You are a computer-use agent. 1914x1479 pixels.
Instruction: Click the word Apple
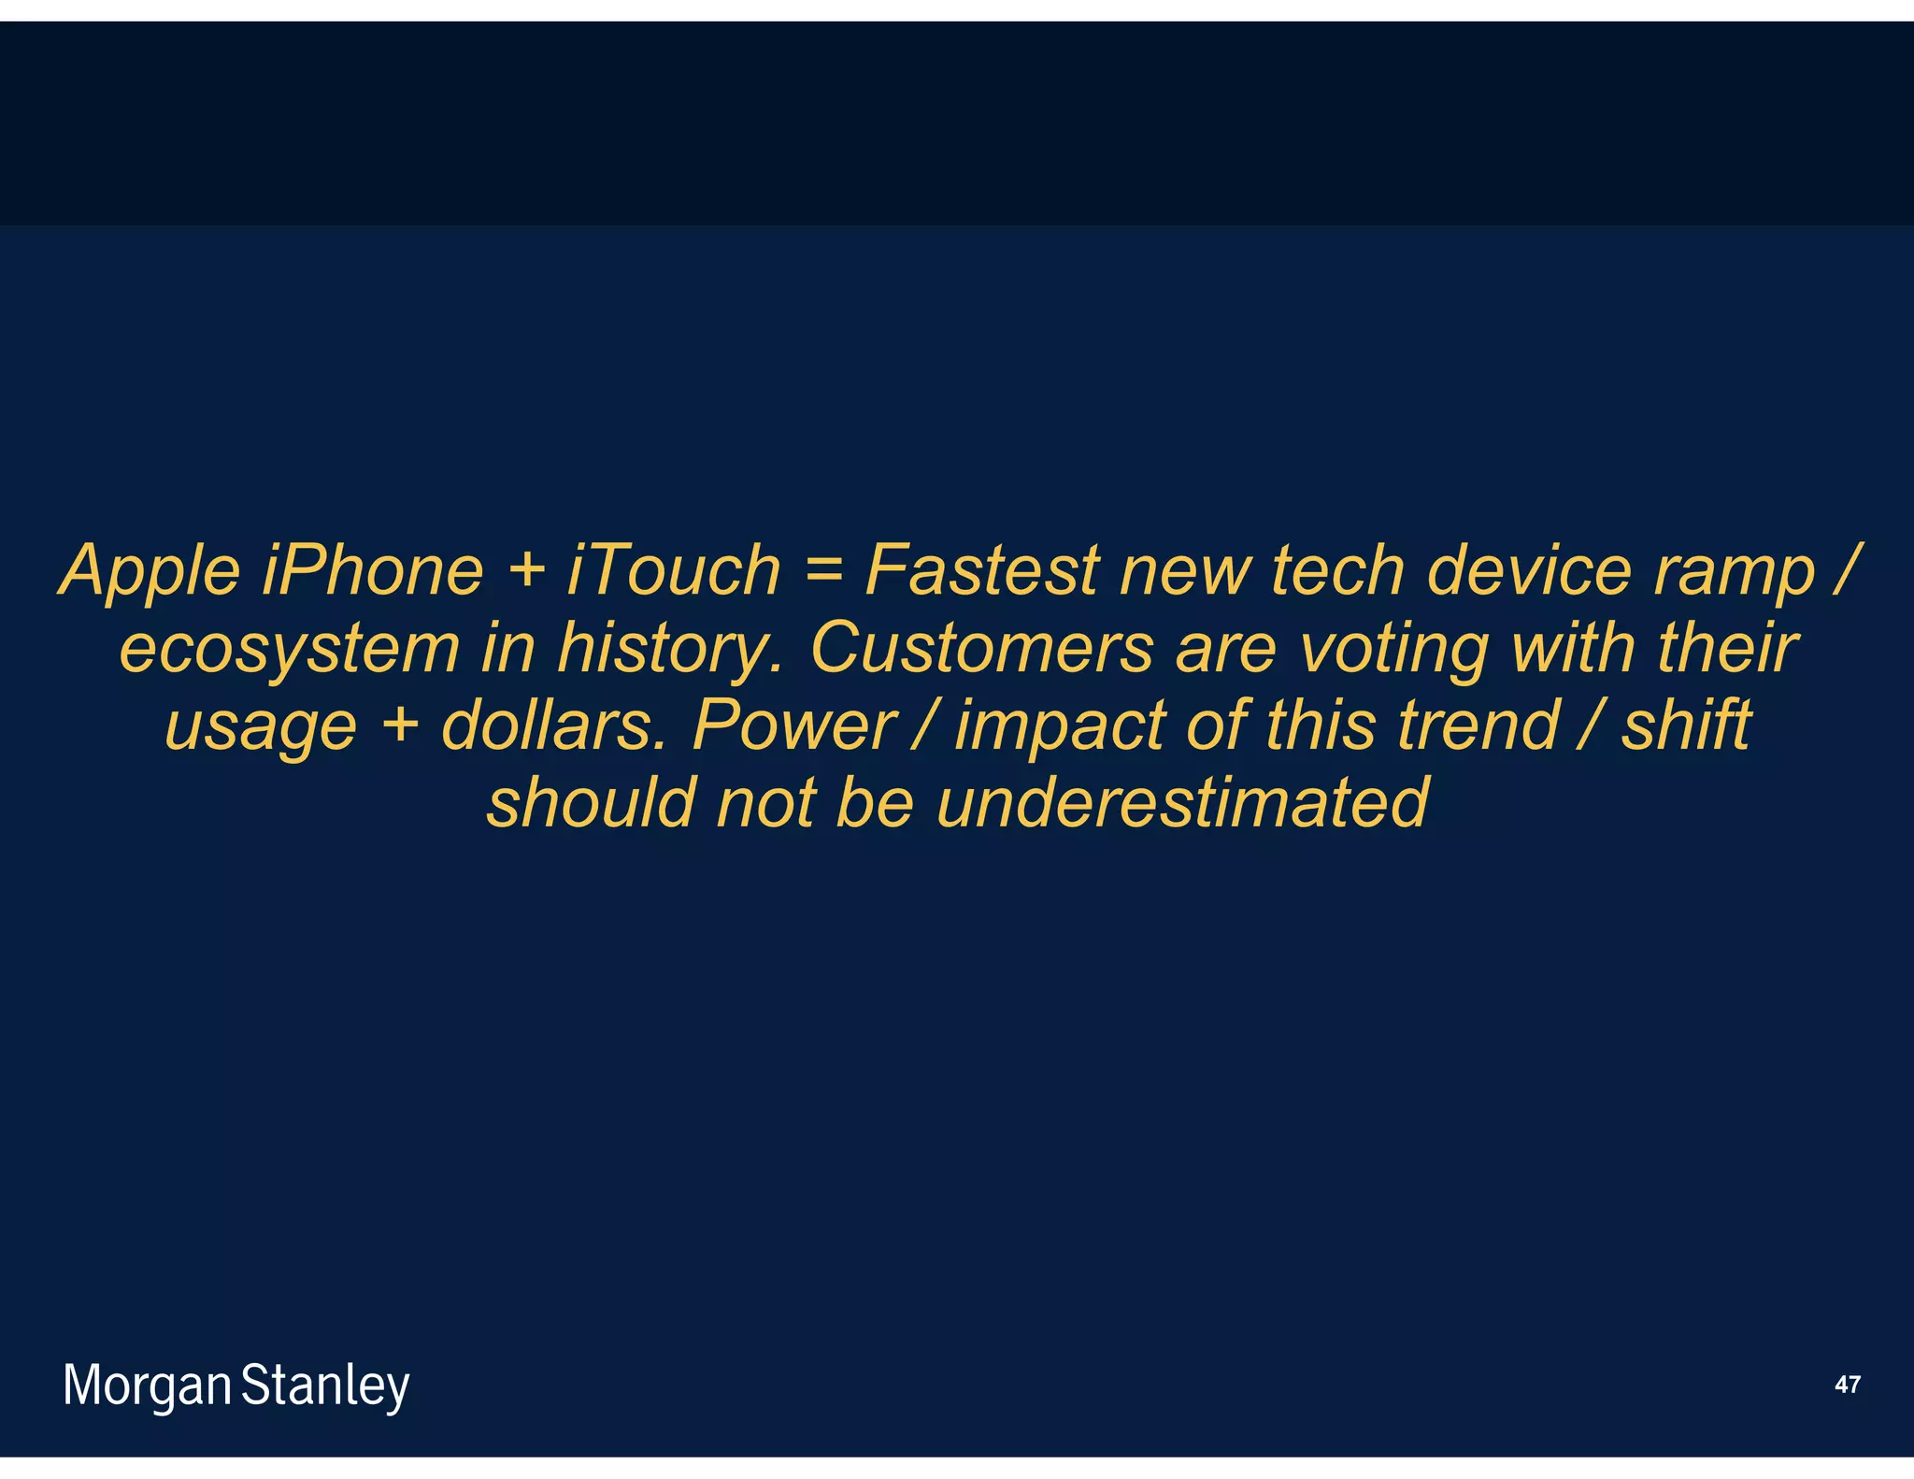click(x=150, y=571)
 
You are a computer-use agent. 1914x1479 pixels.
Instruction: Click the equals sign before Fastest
click(x=822, y=569)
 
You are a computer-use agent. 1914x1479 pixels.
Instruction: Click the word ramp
click(x=1734, y=573)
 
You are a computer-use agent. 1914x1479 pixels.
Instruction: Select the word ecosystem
click(x=290, y=649)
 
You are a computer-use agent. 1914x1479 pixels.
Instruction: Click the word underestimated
click(x=1182, y=803)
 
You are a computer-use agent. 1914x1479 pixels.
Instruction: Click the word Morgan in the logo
click(x=147, y=1387)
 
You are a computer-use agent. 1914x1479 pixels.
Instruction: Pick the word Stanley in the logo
click(x=325, y=1387)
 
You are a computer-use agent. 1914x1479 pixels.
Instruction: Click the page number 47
click(x=1847, y=1385)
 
